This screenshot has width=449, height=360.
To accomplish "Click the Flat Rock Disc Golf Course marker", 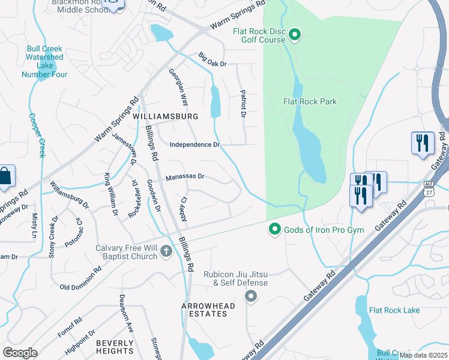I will click(x=294, y=36).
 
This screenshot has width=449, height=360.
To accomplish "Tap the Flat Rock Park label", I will click(x=310, y=102).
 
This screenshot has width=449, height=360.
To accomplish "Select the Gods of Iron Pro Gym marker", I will click(x=275, y=229).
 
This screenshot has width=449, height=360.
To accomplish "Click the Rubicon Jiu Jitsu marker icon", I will click(x=251, y=296).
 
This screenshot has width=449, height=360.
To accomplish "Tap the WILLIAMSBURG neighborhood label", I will click(x=165, y=115).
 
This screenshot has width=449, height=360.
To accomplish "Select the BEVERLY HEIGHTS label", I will click(x=115, y=347).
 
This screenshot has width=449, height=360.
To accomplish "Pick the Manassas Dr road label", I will click(x=185, y=177).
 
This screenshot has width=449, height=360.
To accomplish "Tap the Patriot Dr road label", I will click(x=244, y=103).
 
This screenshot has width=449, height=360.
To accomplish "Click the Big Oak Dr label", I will click(x=212, y=61).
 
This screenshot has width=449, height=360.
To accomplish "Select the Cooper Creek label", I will click(x=37, y=136).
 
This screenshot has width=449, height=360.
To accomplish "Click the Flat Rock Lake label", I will click(x=394, y=310).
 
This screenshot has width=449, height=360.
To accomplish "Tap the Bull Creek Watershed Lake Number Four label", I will click(x=44, y=61).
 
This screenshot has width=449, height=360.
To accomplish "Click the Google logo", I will click(x=20, y=353).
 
